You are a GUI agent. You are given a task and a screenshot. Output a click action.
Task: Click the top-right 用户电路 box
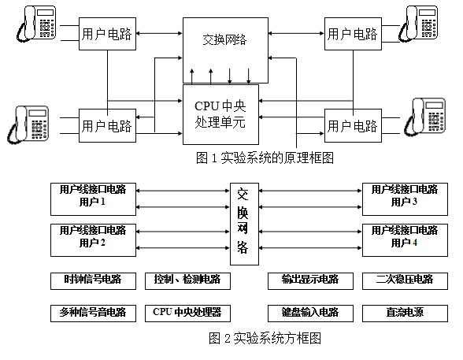click(352, 34)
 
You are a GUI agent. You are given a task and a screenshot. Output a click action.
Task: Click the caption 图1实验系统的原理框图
click(265, 158)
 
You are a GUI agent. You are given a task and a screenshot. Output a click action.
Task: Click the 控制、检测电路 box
click(187, 280)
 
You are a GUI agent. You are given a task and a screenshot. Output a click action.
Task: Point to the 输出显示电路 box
click(309, 280)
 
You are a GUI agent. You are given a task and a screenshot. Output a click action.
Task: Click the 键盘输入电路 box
click(309, 312)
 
